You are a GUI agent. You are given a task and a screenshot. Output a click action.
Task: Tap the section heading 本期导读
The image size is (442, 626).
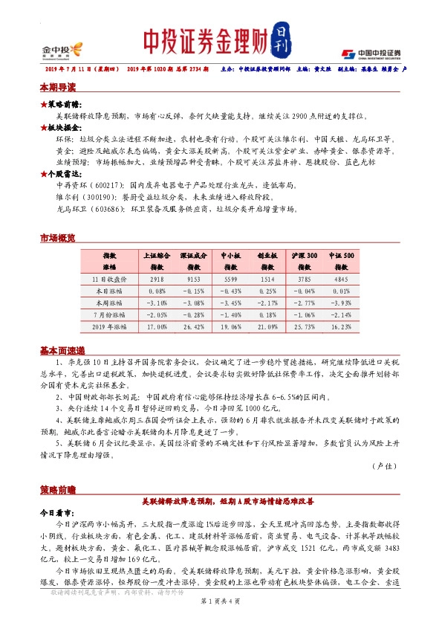tap(58, 88)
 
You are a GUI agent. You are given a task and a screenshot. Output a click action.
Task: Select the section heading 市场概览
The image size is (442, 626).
tap(58, 238)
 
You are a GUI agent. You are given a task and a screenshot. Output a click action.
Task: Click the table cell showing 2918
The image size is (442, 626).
tap(157, 279)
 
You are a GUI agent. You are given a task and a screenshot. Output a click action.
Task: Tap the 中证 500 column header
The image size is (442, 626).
tap(344, 255)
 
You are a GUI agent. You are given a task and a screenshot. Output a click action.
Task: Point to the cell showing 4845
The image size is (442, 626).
tap(344, 279)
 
